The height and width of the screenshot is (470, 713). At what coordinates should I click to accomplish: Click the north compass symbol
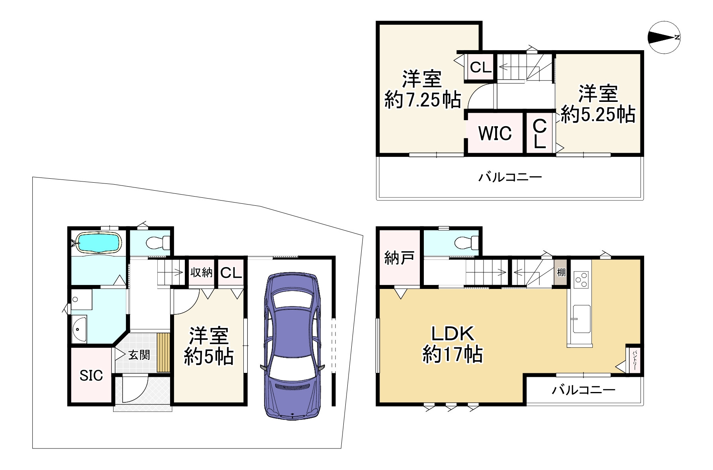tap(664, 37)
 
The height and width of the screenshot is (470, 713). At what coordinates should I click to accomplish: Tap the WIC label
tap(495, 133)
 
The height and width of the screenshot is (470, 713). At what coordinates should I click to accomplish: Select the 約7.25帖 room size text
tap(423, 99)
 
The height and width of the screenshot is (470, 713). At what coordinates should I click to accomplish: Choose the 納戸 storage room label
tap(399, 258)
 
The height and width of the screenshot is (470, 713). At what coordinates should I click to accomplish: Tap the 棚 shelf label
tap(561, 273)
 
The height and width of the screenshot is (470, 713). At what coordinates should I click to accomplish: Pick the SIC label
tap(91, 375)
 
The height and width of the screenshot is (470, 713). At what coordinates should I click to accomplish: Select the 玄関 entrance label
tap(139, 355)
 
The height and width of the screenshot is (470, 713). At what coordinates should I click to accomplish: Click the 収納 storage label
tap(202, 273)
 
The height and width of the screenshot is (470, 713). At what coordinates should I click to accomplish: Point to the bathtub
tap(98, 242)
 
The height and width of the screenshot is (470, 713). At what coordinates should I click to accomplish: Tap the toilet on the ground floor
tap(157, 242)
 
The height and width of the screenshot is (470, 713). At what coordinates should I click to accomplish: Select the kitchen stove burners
tap(581, 279)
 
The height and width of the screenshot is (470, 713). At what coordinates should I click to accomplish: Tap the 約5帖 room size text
tap(208, 357)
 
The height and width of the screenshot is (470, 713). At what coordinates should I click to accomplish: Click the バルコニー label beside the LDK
tap(584, 390)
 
